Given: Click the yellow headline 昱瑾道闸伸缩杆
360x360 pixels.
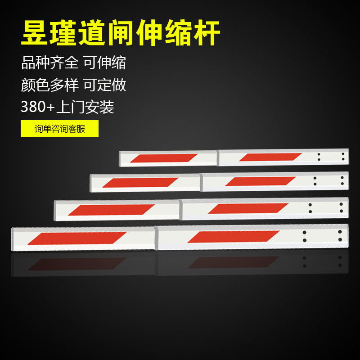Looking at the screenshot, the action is click(121, 32).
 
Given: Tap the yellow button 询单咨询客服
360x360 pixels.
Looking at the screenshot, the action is click(60, 129).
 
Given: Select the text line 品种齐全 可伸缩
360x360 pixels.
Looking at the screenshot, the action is click(73, 63).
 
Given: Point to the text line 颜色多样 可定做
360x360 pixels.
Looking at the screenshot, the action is click(73, 85).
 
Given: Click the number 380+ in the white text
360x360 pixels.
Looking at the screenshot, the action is click(38, 107).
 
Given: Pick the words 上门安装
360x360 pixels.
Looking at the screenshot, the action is click(85, 107).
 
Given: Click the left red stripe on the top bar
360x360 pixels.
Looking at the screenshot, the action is click(164, 158).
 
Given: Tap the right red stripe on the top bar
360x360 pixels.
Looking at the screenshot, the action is click(270, 157).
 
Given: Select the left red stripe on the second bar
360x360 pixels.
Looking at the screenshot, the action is click(140, 183).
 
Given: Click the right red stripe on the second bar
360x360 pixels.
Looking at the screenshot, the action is click(261, 181).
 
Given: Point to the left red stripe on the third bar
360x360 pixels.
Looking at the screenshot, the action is click(111, 210).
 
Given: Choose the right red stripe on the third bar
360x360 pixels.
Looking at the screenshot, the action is click(248, 208).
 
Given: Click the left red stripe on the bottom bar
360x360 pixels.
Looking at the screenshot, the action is click(77, 238).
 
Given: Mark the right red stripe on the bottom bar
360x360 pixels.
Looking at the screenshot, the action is click(234, 237).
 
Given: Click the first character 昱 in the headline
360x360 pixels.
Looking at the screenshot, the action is click(35, 32).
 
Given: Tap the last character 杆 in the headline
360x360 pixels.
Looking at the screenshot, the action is click(207, 32).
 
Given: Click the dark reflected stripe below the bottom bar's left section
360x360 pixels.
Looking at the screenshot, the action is click(77, 264).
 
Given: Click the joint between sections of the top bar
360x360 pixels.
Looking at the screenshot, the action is click(218, 158).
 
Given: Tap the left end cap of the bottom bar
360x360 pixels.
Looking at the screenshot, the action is click(13, 239).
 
